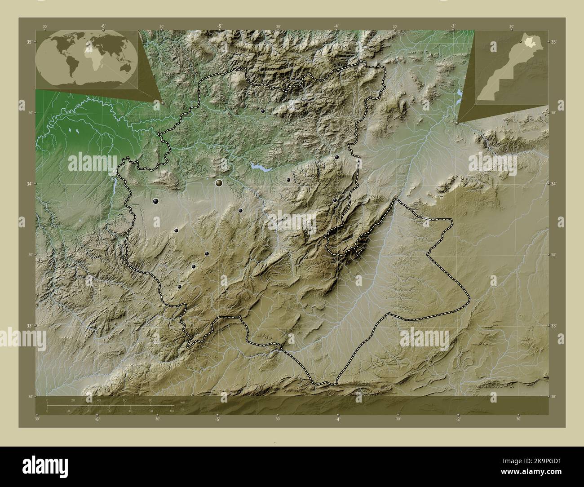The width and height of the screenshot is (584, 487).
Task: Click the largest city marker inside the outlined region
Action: click(219, 183)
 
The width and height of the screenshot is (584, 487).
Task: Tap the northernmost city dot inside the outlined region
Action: click(263, 111)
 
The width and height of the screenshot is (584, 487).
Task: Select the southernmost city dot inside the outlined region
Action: click(179, 287)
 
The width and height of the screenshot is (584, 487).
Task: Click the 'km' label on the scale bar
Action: click(182, 402)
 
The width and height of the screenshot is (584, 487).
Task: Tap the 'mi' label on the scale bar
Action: click(182, 409)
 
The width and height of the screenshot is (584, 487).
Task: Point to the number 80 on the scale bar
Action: click(150, 399)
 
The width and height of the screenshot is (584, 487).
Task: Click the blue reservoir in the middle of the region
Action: click(260, 167)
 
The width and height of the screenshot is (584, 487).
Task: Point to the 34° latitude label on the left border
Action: click(29, 184)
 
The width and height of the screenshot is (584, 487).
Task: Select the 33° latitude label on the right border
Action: click(554, 326)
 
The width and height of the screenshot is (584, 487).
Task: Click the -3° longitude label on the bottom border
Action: click(457, 419)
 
